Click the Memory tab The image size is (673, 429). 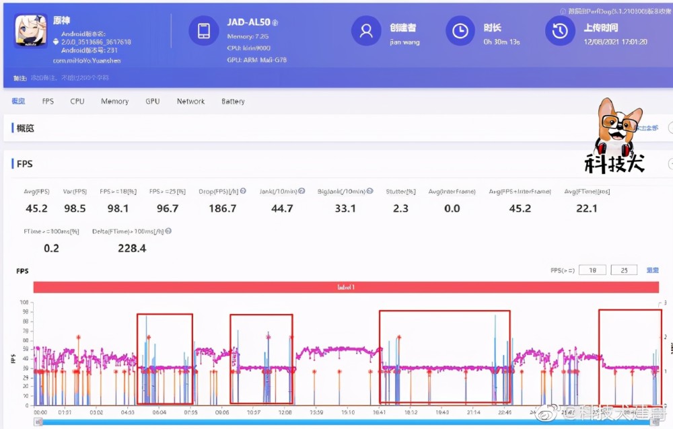pos(114,102)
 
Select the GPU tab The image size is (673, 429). pos(153,102)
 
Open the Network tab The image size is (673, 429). pos(190,102)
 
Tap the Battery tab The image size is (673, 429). pos(233,102)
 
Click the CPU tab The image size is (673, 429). pos(77,102)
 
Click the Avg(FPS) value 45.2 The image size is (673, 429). pos(36,208)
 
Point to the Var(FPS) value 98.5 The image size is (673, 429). pos(74,208)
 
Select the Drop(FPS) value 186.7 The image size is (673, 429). pos(223,208)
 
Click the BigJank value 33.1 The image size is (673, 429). pos(345,208)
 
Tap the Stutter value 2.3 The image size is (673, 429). pos(400,208)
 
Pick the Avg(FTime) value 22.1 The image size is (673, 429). pos(587,208)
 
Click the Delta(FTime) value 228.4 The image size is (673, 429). pos(132,248)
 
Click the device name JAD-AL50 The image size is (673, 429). pos(248,22)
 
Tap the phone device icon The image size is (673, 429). pos(203,31)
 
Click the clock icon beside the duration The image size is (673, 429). pos(460,31)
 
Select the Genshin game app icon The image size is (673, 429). pos(31,31)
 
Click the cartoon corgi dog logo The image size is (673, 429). pos(619,128)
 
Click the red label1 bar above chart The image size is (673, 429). pos(346,287)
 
